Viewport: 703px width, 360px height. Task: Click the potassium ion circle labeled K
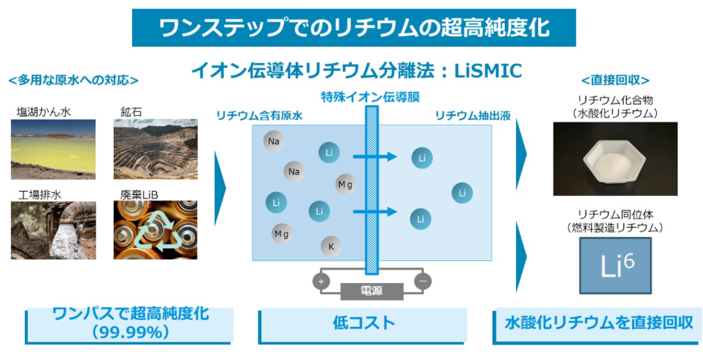tap(331, 247)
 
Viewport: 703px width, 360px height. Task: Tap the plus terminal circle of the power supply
tap(321, 281)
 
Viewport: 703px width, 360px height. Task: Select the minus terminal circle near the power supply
tap(423, 281)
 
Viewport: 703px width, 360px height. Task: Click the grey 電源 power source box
tap(372, 291)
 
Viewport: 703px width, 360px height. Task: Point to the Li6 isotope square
tap(615, 265)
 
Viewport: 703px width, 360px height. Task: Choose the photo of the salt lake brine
tap(53, 149)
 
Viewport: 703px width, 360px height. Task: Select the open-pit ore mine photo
tap(155, 149)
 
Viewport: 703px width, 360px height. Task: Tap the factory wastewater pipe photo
tap(53, 230)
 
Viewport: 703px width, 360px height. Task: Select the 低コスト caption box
tap(364, 323)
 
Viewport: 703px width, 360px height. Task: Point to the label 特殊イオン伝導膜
tap(370, 97)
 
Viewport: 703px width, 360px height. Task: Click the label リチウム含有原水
tap(259, 115)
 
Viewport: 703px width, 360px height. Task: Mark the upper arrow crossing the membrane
tap(374, 157)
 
